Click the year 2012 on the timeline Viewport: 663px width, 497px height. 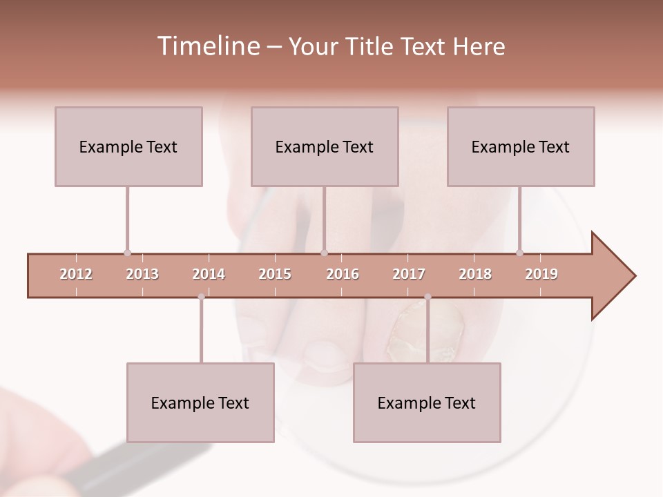click(76, 274)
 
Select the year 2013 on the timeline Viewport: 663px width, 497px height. click(142, 274)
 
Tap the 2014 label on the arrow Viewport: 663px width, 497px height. click(209, 274)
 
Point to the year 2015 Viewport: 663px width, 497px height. click(275, 274)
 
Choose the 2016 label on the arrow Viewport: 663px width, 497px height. click(343, 274)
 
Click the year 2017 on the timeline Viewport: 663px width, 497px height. click(409, 274)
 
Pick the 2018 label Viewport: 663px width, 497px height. click(475, 274)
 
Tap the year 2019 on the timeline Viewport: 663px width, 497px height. click(541, 274)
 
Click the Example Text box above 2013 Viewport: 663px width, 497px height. click(128, 146)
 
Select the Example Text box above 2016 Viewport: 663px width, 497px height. click(325, 146)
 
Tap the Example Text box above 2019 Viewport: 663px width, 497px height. click(521, 146)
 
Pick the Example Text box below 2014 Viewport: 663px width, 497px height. click(200, 402)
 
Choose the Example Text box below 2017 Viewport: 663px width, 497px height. click(427, 402)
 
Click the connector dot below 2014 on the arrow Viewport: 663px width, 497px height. click(201, 297)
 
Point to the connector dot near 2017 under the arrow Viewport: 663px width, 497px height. click(427, 297)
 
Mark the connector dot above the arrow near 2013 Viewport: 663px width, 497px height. click(127, 253)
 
